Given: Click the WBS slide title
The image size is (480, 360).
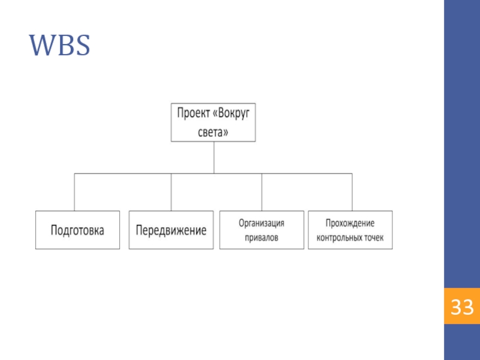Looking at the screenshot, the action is point(59,46).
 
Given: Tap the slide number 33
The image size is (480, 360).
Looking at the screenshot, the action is point(462,307).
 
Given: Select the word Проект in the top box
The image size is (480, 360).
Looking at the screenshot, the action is point(193,113).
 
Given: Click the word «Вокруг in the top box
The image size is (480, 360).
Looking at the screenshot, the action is point(231,113).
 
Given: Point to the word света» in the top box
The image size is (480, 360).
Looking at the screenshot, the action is point(213,132).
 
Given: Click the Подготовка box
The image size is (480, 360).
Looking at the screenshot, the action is point(77,230).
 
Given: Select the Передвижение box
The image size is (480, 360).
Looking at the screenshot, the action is point(171,230).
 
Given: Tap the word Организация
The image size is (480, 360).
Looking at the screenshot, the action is point(262,223).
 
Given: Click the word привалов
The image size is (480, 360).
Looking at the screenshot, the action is point(262,238).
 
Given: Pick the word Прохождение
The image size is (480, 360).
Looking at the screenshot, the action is point(350,223).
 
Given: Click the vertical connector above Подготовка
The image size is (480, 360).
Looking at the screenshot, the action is point(74,192).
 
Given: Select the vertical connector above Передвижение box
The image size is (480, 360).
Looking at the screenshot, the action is point(171,192).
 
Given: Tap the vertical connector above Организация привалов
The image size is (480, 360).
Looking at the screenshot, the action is point(262,192).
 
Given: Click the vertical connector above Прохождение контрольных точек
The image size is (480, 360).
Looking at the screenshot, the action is point(352,192).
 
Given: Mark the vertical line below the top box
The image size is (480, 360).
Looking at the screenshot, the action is point(214,158).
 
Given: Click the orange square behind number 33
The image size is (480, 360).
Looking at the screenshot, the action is point(462,306).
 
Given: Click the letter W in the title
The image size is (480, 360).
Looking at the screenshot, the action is point(41,46).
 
